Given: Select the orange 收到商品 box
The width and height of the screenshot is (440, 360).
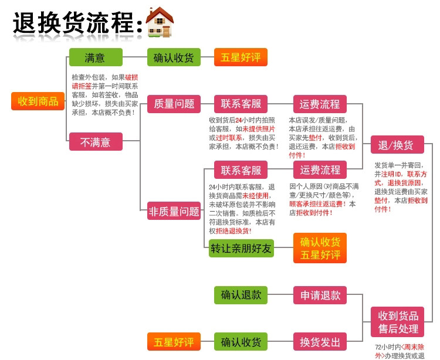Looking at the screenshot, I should tap(38, 101).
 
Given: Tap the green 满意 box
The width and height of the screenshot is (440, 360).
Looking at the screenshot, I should tap(96, 57).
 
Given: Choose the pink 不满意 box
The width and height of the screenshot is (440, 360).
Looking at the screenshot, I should tap(96, 141).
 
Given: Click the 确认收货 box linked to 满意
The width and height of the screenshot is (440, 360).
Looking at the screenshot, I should tap(174, 57).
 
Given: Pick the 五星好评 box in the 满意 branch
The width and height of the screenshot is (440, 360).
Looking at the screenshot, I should tap(241, 57).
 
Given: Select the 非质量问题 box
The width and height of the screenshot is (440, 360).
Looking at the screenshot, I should tap(174, 212).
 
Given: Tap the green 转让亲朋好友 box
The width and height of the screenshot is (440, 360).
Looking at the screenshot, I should tap(241, 248).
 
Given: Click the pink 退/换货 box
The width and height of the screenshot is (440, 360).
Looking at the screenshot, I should tap(397, 145).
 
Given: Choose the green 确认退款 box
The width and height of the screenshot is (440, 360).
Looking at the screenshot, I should tap(241, 295).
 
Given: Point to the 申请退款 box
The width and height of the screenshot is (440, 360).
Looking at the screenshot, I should tap(320, 295).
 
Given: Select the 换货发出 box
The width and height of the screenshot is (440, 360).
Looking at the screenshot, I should tap(320, 342).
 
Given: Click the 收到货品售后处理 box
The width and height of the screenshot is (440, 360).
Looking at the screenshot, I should tap(397, 322).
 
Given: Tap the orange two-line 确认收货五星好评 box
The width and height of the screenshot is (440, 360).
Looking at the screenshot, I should tap(320, 248).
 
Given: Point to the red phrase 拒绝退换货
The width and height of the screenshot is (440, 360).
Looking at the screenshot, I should tap(234, 230).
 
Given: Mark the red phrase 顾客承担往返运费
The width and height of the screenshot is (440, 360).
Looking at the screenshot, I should tap(316, 204).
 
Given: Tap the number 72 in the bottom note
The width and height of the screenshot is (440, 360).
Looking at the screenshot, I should tap(378, 347).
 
